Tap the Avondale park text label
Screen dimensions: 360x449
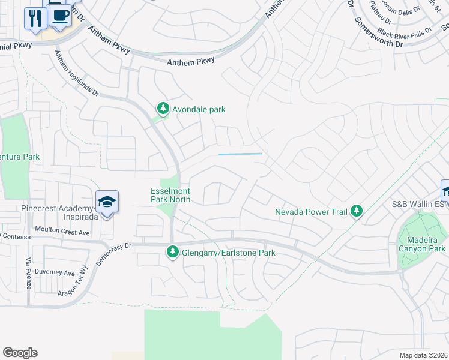point(199,110)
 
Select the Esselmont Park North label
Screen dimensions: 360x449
point(170,196)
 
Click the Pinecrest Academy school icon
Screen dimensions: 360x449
point(107,202)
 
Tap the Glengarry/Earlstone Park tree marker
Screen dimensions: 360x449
point(173,253)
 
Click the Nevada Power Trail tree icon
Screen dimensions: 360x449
point(357,211)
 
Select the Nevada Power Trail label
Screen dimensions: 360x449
point(311,212)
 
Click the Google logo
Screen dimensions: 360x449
point(20,353)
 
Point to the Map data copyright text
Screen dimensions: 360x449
point(423,355)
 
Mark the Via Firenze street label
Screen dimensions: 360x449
point(28,274)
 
